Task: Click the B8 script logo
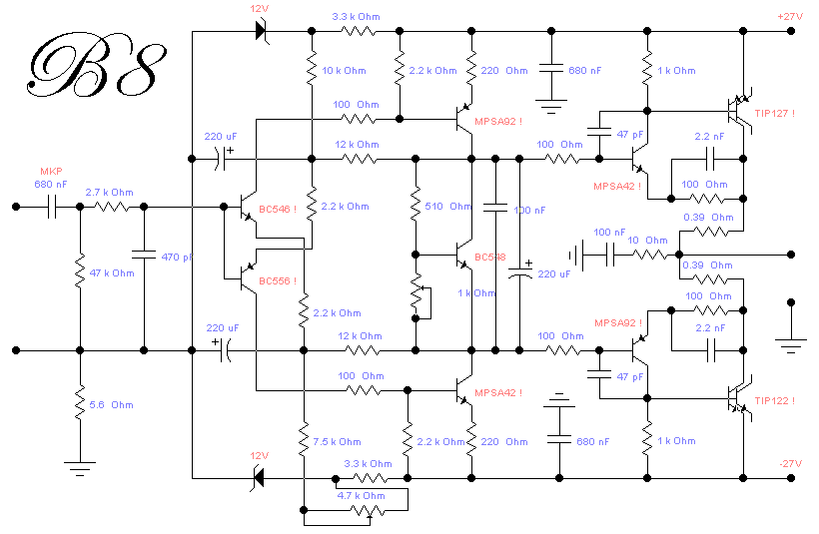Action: pyautogui.click(x=96, y=68)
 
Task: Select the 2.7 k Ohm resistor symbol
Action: pyautogui.click(x=110, y=208)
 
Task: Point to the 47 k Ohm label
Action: pyautogui.click(x=111, y=272)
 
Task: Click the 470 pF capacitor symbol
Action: pyautogui.click(x=144, y=257)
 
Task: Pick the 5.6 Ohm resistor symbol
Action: pyautogui.click(x=79, y=404)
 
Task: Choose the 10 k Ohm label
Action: pyautogui.click(x=344, y=71)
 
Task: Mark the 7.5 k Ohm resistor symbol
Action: pyautogui.click(x=302, y=440)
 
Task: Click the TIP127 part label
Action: pyautogui.click(x=775, y=113)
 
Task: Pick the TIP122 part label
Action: pyautogui.click(x=775, y=400)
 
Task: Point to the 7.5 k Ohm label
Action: pyautogui.click(x=338, y=441)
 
